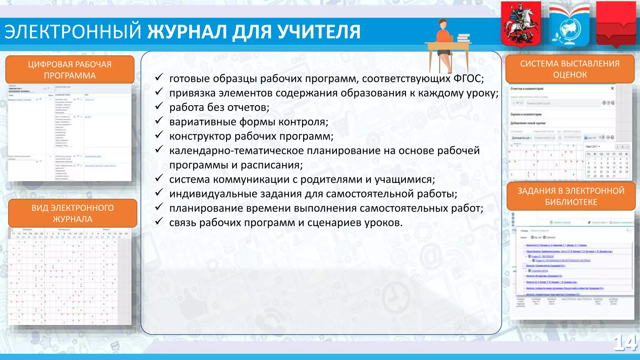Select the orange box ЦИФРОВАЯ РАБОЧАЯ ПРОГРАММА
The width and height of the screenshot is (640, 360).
coord(70,70)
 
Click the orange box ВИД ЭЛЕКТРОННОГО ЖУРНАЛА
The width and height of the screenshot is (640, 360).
coord(72,213)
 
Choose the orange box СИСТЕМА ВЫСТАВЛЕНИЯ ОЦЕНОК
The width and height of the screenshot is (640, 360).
coord(570,69)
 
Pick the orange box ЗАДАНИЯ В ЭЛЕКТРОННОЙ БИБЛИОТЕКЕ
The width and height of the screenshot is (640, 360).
coord(571,196)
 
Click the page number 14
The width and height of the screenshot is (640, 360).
coord(625,343)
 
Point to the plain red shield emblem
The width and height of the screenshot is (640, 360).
coord(616,23)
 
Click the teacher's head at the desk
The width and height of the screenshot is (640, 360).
coord(442,24)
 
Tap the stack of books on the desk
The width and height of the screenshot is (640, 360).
coord(464,38)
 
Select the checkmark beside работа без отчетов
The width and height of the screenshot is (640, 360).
coord(159,106)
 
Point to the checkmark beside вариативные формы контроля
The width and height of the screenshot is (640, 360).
coord(159,121)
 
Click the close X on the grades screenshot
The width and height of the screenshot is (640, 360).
coord(612,88)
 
